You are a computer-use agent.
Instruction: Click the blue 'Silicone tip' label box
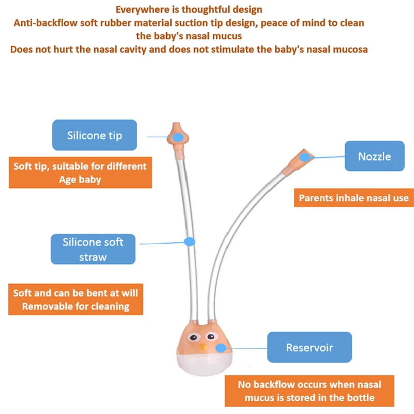pos(94,136)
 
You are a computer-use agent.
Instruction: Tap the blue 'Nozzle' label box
pos(374,156)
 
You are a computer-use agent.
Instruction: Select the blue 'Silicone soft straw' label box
pos(93,249)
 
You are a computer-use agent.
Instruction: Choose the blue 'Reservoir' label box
pos(309,347)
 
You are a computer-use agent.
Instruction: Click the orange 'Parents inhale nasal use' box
pos(353,198)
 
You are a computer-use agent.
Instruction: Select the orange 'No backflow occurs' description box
pos(309,391)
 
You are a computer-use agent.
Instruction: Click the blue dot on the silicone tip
pos(178,137)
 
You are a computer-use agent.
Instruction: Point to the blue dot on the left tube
pos(189,241)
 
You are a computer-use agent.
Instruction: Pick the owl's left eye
pos(193,338)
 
